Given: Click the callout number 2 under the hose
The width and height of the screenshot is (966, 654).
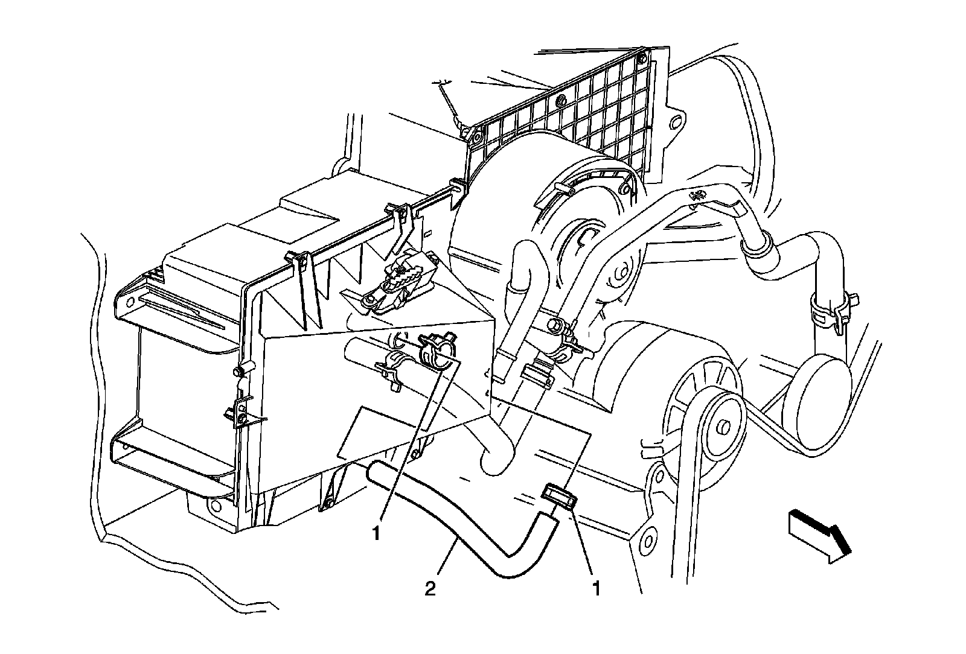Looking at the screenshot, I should point(430,588).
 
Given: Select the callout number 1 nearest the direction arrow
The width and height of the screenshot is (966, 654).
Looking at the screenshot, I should point(597,588).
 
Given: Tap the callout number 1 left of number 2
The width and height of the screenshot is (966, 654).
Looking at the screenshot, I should point(376,533).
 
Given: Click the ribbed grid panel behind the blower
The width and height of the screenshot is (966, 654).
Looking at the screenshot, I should point(580,115).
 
